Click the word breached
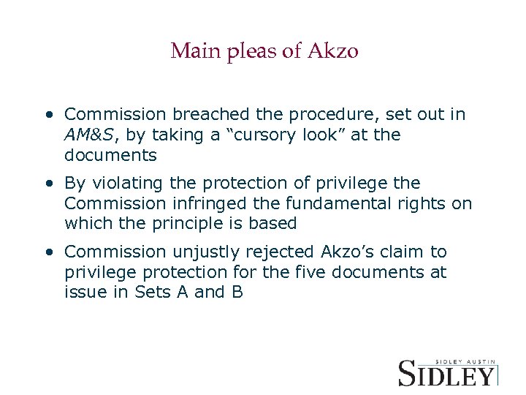(x=207, y=115)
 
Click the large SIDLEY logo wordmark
(x=446, y=374)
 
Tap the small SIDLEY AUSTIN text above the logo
(x=465, y=361)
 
